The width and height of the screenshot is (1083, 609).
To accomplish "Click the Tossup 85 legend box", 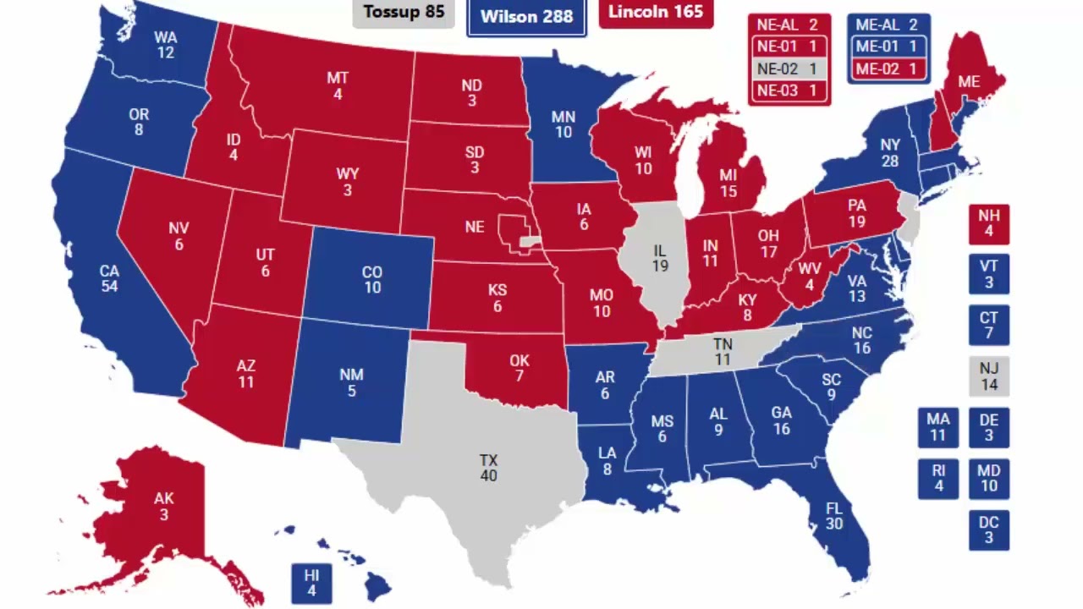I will click(x=404, y=13).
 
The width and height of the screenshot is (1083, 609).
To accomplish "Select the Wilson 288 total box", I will click(x=526, y=16).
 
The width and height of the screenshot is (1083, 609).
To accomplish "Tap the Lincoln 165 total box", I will click(x=656, y=13).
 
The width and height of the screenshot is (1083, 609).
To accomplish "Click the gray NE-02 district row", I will click(x=789, y=69).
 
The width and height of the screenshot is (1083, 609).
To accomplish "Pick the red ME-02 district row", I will click(x=888, y=69).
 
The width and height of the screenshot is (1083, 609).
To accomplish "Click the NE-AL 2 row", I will click(x=789, y=25).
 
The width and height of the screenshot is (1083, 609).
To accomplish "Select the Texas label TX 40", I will click(x=488, y=468).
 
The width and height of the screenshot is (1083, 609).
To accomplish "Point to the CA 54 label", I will click(x=109, y=278).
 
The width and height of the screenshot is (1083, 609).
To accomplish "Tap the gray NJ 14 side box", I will click(x=988, y=376).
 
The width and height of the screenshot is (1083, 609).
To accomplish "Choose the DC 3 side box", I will click(x=988, y=530).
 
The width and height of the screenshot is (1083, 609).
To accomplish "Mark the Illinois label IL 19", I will click(x=660, y=258).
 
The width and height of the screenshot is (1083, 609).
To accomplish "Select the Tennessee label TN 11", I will click(x=723, y=352).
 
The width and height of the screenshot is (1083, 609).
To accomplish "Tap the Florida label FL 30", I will click(x=833, y=517).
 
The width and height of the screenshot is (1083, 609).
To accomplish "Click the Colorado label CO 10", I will click(x=372, y=280).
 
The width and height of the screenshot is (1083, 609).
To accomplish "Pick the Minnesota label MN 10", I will click(x=563, y=124).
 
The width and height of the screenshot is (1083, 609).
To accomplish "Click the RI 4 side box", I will click(x=938, y=478).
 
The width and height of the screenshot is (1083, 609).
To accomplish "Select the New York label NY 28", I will click(x=889, y=153).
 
